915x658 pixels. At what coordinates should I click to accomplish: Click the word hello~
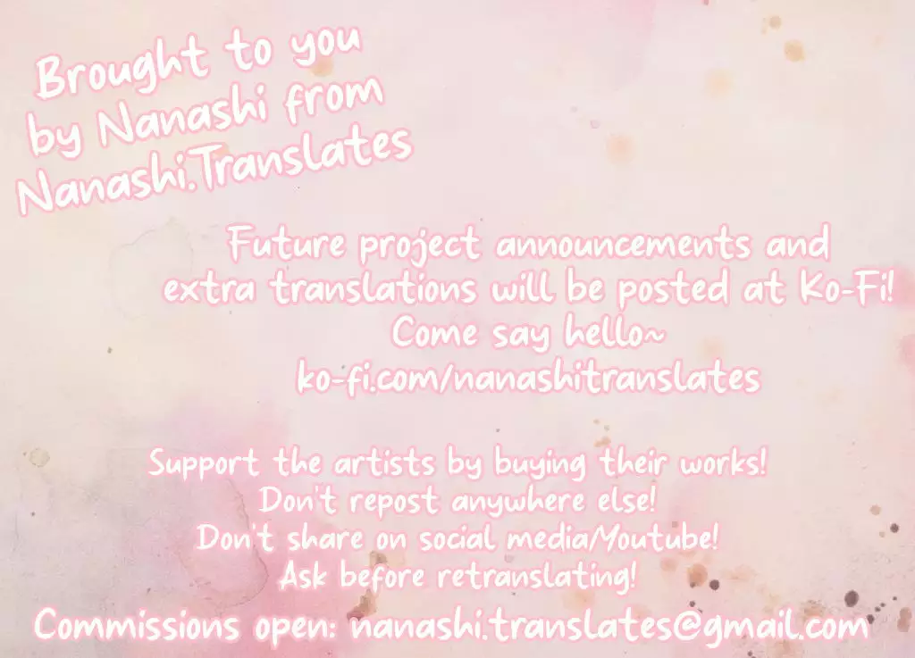click(615, 332)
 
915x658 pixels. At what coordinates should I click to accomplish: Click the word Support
click(203, 464)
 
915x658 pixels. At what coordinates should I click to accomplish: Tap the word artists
click(384, 462)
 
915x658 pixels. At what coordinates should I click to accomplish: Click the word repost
click(393, 502)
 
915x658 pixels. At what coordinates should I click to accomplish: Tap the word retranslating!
click(536, 577)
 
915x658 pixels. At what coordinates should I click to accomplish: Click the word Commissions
click(137, 625)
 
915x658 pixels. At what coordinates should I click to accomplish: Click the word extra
click(209, 287)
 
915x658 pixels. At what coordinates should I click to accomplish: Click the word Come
click(435, 332)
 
